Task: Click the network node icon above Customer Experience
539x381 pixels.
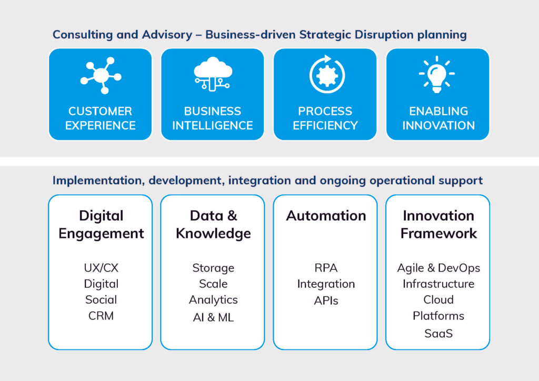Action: tap(101, 75)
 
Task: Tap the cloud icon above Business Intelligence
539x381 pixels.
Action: tap(213, 74)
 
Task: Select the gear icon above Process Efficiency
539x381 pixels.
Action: tap(327, 74)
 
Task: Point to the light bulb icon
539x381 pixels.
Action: tap(436, 74)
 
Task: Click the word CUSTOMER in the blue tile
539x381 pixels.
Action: tap(100, 112)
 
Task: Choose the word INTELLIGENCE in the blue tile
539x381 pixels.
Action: tap(213, 126)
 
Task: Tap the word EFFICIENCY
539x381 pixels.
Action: tap(325, 126)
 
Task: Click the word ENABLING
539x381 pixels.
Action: tap(438, 112)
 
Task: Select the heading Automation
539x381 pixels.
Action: tap(326, 216)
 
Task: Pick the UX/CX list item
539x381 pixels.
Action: tap(101, 268)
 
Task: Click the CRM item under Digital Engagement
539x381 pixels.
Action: tap(101, 316)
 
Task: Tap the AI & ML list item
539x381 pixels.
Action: tap(213, 317)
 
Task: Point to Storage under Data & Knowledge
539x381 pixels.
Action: tap(213, 268)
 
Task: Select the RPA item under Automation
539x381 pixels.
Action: tap(326, 268)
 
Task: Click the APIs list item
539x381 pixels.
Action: tap(326, 300)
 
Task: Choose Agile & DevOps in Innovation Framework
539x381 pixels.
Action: tap(438, 268)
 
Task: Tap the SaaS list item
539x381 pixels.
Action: tap(438, 333)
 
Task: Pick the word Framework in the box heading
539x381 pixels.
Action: tap(438, 234)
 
